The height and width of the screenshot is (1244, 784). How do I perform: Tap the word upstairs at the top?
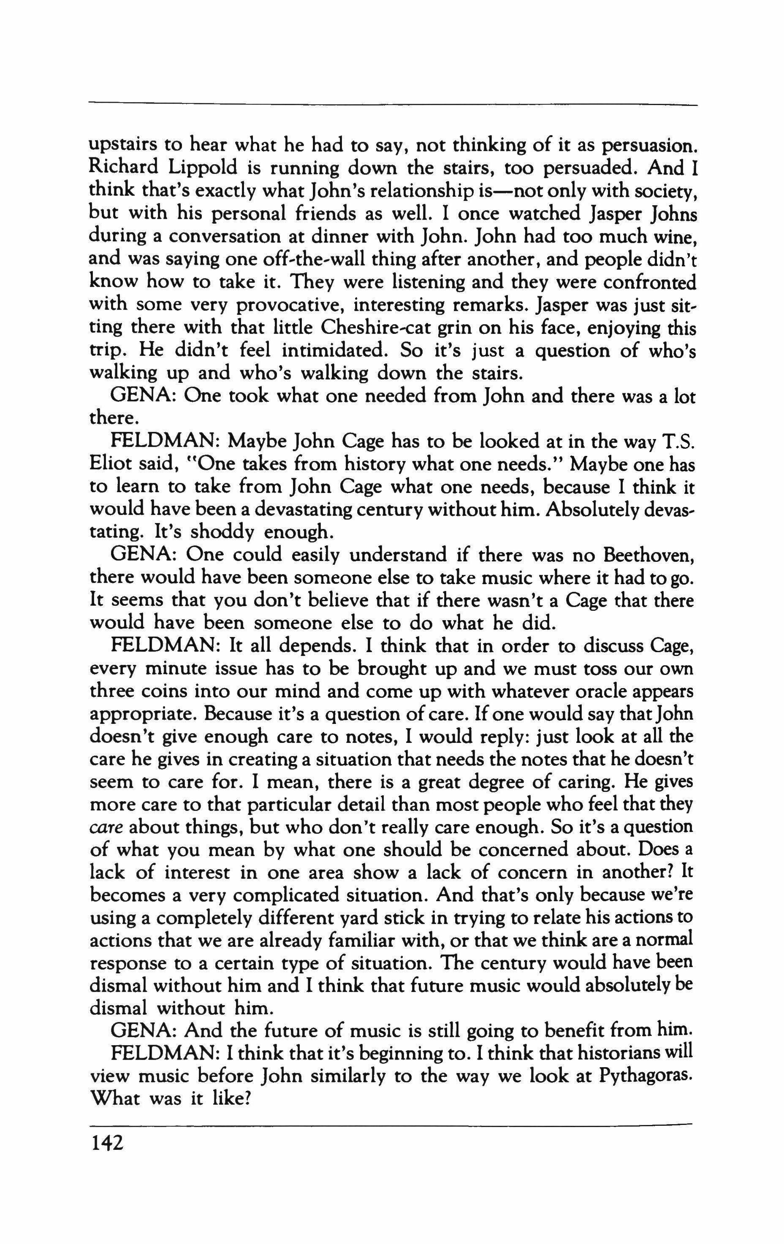(x=124, y=146)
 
